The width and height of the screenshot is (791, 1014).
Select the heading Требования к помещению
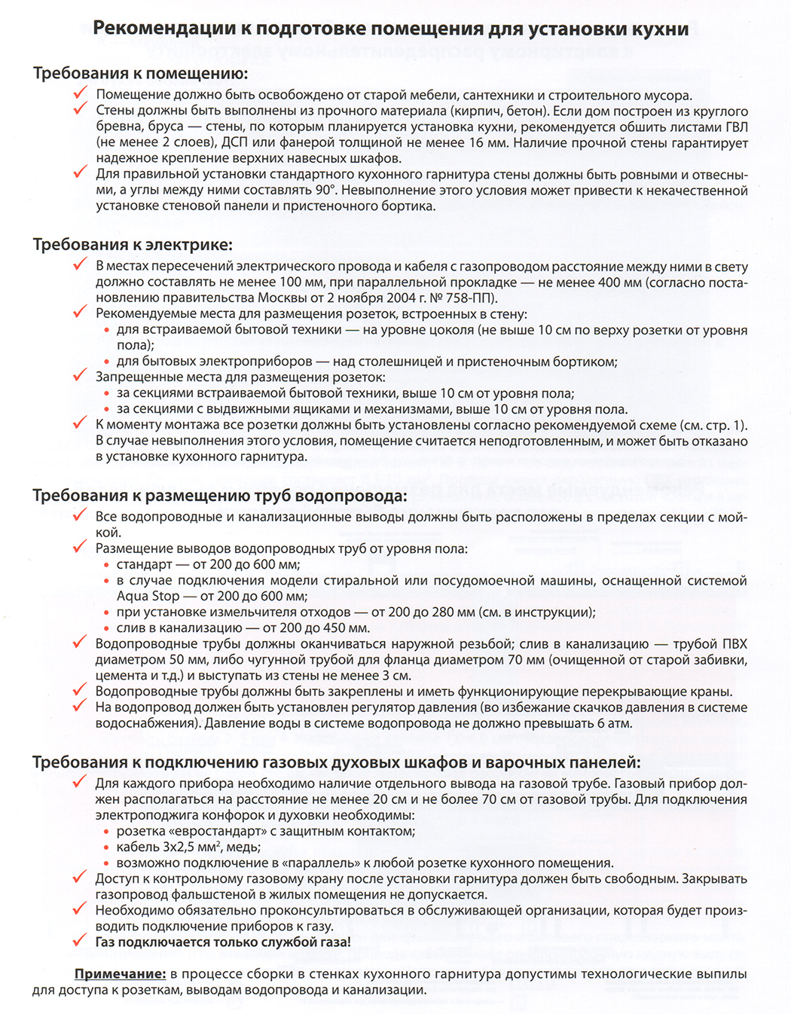(140, 74)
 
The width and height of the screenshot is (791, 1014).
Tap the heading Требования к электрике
(133, 245)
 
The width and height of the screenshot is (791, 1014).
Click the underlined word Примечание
(120, 974)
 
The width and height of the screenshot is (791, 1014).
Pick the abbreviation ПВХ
(731, 644)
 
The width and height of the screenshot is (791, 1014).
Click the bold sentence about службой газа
(223, 942)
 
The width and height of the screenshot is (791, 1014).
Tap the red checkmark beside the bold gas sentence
(80, 940)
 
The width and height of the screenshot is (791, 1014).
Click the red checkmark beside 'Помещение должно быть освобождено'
(81, 93)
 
